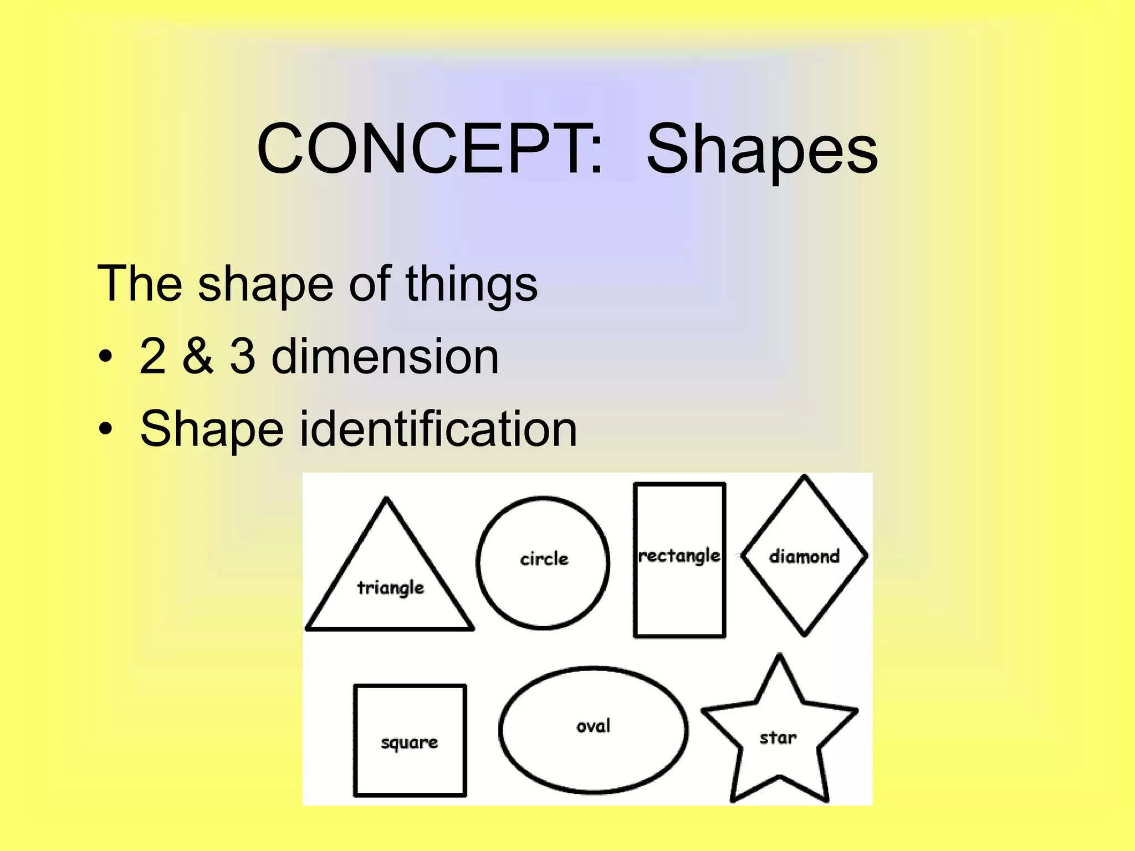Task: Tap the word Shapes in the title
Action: pyautogui.click(x=762, y=151)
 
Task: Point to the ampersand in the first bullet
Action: pyautogui.click(x=197, y=356)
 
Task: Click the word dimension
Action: pyautogui.click(x=385, y=356)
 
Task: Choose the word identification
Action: pyautogui.click(x=438, y=429)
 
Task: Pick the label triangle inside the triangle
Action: pyautogui.click(x=391, y=587)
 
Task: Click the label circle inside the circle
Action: pyautogui.click(x=544, y=559)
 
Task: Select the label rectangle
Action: pyautogui.click(x=679, y=556)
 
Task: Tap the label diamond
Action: pyautogui.click(x=804, y=556)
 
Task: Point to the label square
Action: pyautogui.click(x=409, y=742)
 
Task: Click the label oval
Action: pyautogui.click(x=594, y=726)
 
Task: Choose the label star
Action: pyautogui.click(x=778, y=738)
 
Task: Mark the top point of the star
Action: pyautogui.click(x=780, y=657)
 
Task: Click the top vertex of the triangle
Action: pyautogui.click(x=386, y=499)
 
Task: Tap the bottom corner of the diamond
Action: pyautogui.click(x=804, y=634)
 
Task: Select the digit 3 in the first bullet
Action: pyautogui.click(x=242, y=356)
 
